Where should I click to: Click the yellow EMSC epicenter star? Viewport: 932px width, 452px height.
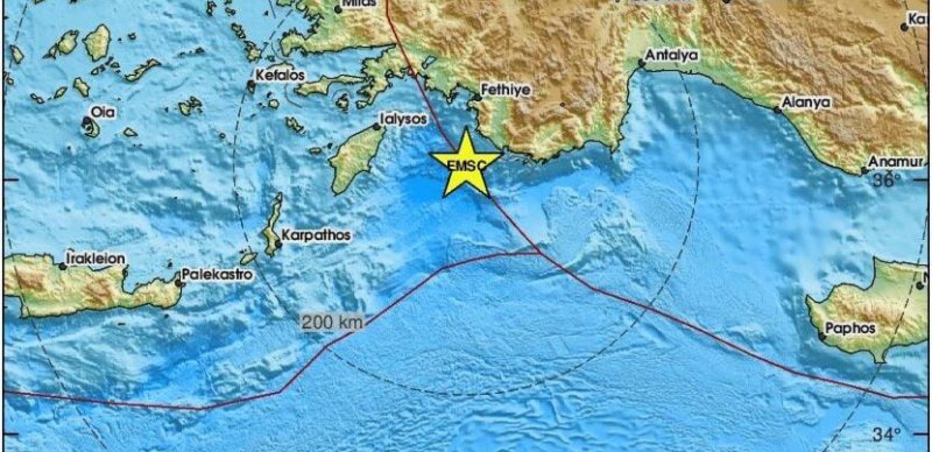(465, 164)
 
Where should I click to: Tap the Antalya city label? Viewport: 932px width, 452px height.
(672, 55)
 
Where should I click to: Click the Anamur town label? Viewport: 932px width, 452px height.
(891, 162)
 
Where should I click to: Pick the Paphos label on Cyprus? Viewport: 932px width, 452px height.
(850, 328)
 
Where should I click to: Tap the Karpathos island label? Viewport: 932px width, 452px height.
(316, 234)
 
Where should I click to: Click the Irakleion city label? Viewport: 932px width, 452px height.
(95, 258)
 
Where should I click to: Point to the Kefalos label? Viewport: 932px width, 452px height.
(280, 75)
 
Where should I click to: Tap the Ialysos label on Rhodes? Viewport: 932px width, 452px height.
(403, 119)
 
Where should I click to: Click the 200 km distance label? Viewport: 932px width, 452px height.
(332, 323)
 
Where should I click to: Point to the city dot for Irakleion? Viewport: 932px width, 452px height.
(63, 266)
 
